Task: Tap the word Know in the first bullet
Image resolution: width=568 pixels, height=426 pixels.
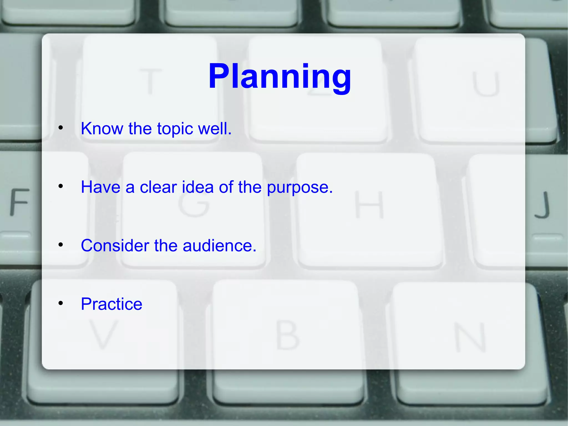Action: (102, 128)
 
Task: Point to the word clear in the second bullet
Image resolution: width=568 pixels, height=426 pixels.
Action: (158, 187)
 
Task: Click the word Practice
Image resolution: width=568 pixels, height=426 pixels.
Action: (111, 304)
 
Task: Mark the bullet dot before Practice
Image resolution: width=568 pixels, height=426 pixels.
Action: (61, 303)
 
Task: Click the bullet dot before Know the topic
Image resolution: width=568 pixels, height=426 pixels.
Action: (61, 128)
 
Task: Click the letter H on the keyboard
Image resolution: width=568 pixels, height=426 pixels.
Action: (369, 205)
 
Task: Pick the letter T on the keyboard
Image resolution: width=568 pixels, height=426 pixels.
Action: (150, 81)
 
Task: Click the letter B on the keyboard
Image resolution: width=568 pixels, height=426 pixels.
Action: (287, 335)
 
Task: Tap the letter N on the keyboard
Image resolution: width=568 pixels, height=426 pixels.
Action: (470, 337)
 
